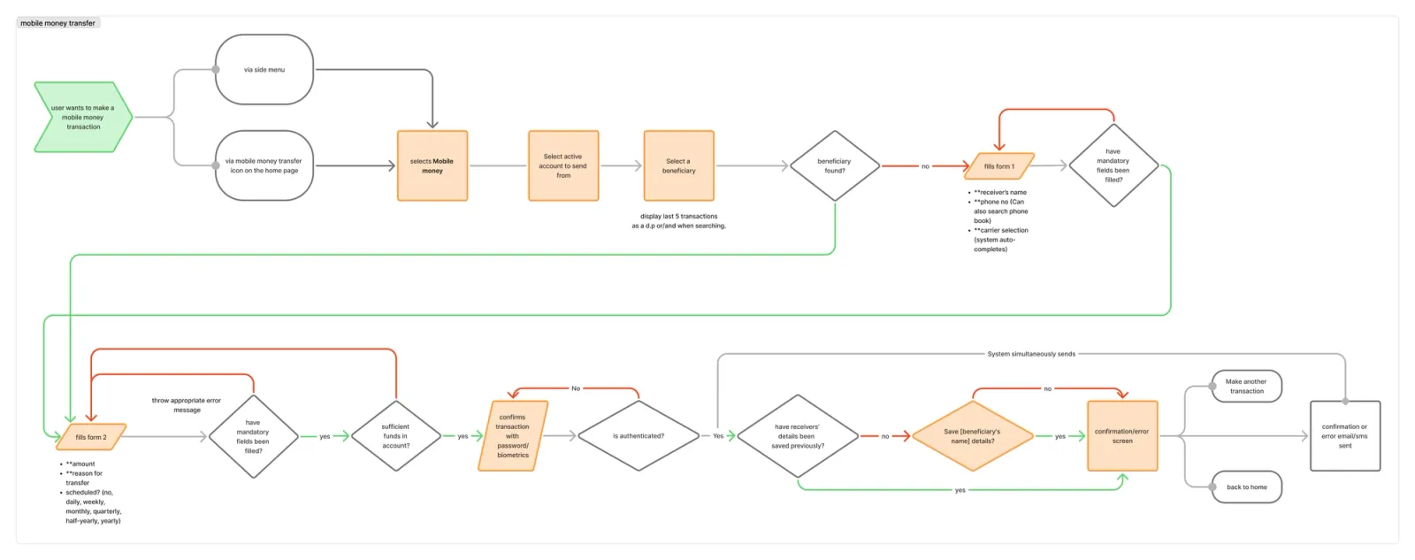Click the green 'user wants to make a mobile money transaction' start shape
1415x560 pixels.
click(82, 117)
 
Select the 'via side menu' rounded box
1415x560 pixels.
click(264, 70)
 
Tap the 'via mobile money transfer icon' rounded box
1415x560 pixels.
click(264, 165)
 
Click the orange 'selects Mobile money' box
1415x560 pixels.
click(432, 165)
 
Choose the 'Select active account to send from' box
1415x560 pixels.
click(563, 165)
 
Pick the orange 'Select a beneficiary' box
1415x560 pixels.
click(678, 165)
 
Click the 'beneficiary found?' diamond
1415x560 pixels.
click(834, 165)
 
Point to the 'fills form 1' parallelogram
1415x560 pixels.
click(999, 166)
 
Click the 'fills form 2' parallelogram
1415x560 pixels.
click(91, 437)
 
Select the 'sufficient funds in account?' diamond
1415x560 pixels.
click(395, 436)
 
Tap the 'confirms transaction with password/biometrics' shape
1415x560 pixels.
click(513, 436)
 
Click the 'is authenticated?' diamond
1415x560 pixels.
click(638, 436)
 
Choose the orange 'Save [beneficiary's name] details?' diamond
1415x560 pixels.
click(972, 436)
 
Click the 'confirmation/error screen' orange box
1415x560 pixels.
click(1121, 436)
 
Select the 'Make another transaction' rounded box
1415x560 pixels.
click(1246, 387)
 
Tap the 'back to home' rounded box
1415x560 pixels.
click(1246, 487)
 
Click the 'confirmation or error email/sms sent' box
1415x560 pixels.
click(1344, 436)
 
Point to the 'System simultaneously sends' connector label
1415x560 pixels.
click(1031, 354)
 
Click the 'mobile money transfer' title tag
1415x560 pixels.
click(58, 23)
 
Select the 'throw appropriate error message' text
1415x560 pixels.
click(187, 405)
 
